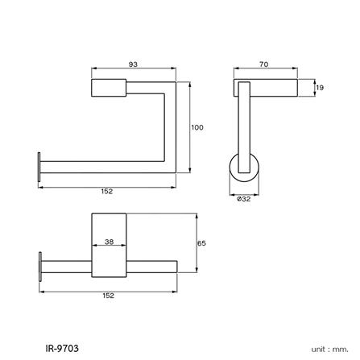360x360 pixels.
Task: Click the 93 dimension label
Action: click(x=132, y=64)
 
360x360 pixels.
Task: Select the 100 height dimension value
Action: click(x=197, y=127)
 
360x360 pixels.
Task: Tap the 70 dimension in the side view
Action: click(x=264, y=64)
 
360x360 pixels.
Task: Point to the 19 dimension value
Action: click(x=320, y=88)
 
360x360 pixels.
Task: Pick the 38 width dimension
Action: click(x=109, y=241)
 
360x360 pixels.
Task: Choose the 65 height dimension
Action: click(x=202, y=243)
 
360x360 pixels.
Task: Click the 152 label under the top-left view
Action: click(x=106, y=192)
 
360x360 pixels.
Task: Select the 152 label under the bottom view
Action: click(x=109, y=296)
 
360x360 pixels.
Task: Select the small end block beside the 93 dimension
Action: click(x=109, y=89)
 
